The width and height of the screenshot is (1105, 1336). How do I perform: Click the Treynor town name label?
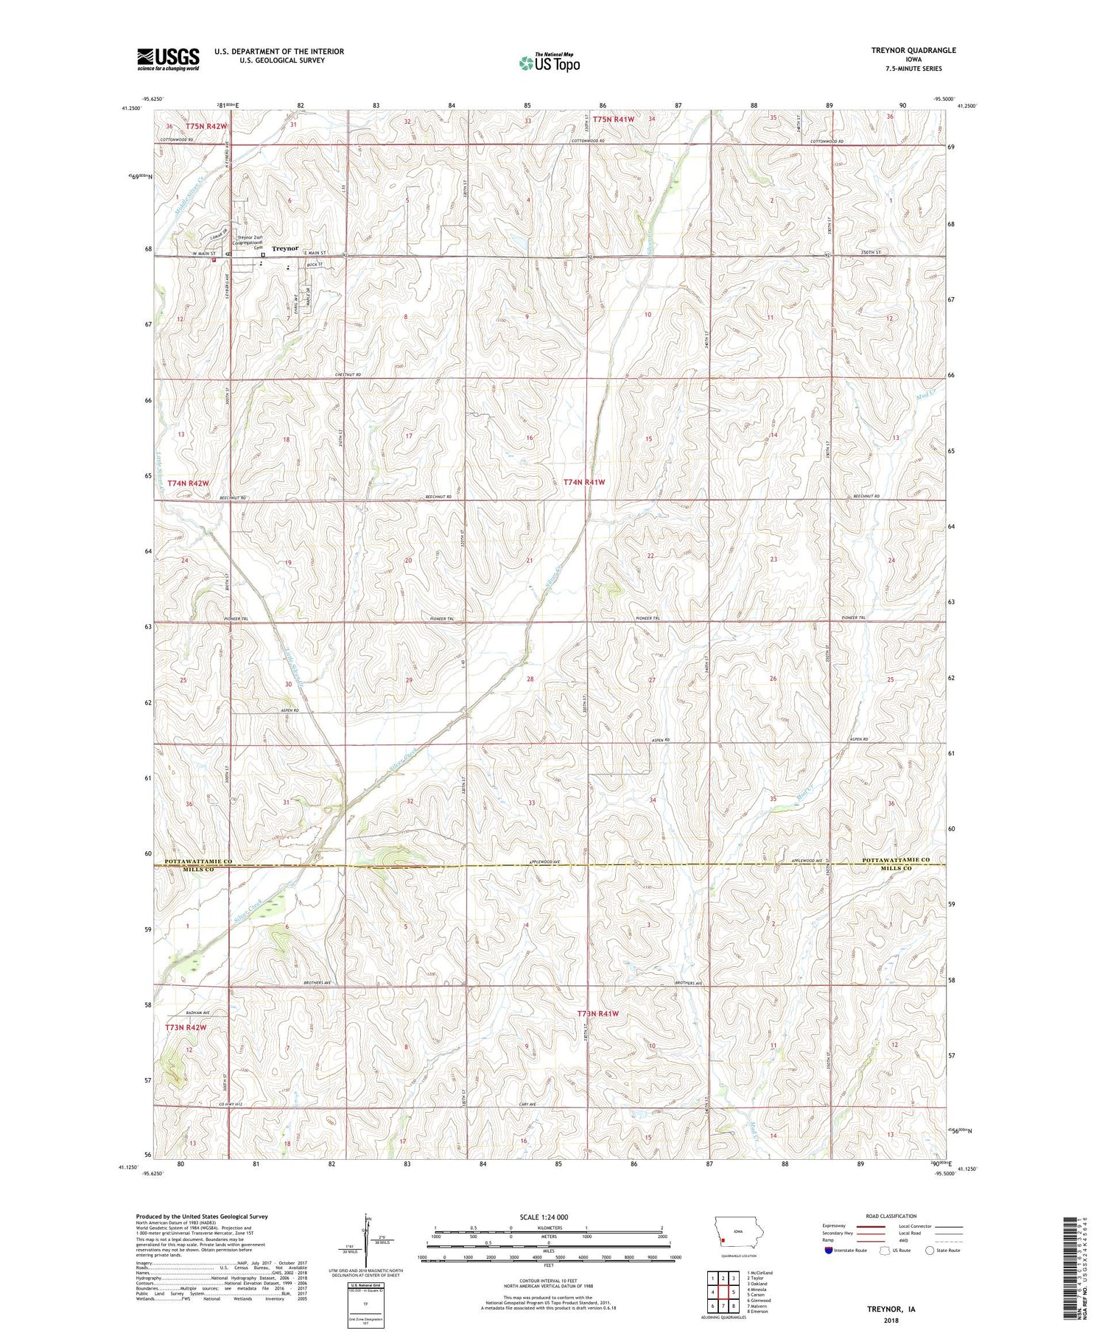(284, 248)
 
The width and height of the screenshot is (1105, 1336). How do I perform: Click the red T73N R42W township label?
(185, 1027)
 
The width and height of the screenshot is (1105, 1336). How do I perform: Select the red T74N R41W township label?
(583, 482)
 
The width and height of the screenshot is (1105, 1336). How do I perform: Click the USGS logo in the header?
(168, 59)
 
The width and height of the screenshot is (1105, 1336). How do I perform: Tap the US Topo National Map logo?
(549, 63)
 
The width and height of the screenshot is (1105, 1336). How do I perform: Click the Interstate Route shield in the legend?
(829, 1251)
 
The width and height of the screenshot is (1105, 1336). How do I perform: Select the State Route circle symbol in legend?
(930, 1251)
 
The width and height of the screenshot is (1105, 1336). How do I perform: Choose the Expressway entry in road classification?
(837, 1226)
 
